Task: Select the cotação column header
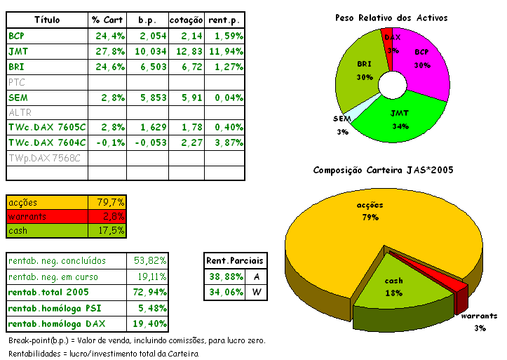[186, 20]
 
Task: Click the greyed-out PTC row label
[16, 82]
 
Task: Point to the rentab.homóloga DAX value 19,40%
[149, 324]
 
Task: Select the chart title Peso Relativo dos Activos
[391, 18]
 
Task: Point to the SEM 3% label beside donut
[342, 124]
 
